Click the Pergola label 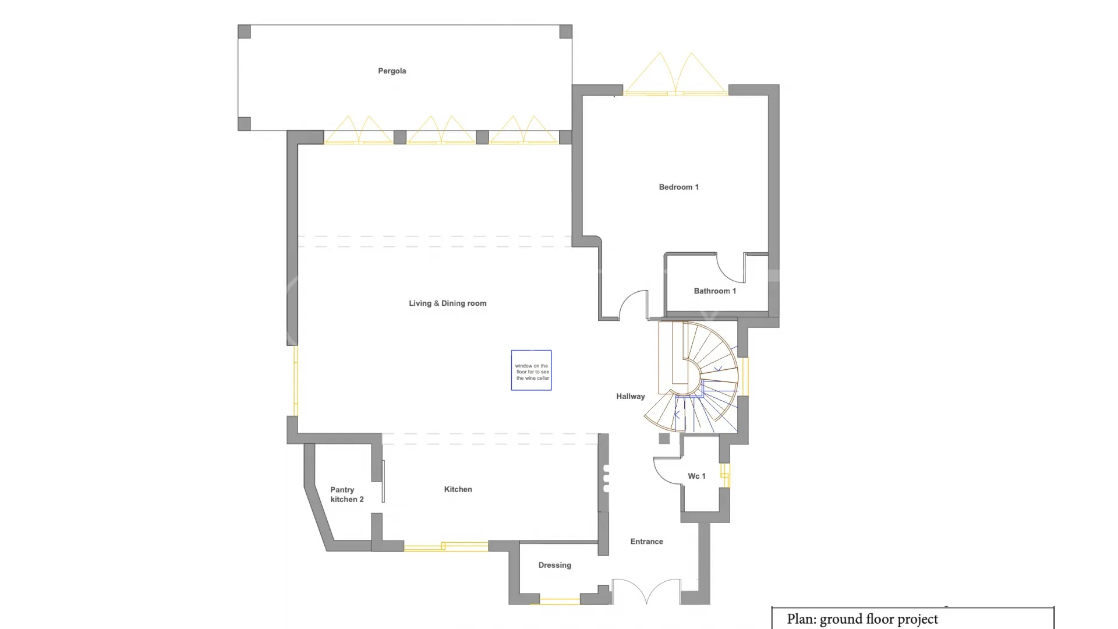click(x=392, y=71)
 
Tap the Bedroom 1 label click(x=678, y=187)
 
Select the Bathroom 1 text click(x=714, y=291)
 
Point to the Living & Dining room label click(x=447, y=303)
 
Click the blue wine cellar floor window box click(x=531, y=370)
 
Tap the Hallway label click(x=631, y=397)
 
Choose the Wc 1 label click(x=696, y=476)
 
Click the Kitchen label click(x=458, y=489)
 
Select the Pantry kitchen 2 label click(x=346, y=494)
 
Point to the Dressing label click(x=554, y=566)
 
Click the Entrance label click(x=646, y=542)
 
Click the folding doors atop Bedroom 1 click(x=675, y=74)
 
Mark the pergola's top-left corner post click(x=245, y=31)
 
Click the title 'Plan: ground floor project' click(x=862, y=619)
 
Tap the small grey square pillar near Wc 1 click(x=664, y=439)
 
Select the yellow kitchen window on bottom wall click(x=446, y=546)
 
